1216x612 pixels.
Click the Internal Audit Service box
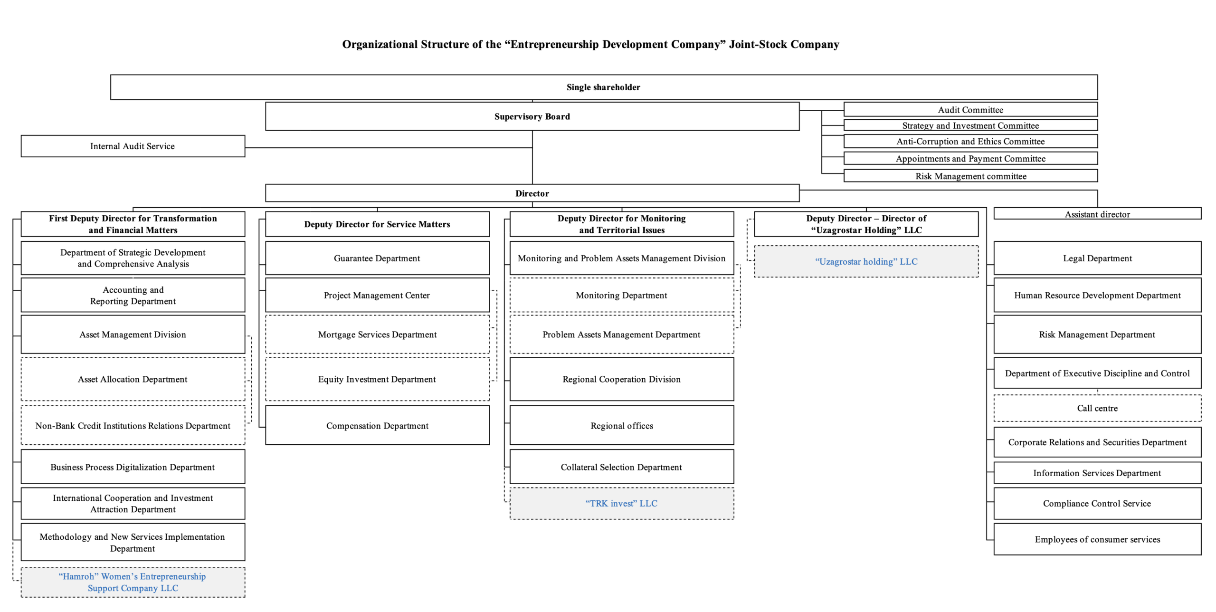coord(133,146)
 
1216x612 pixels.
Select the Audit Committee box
coord(970,109)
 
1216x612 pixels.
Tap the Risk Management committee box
coord(970,176)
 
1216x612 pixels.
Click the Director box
coord(532,193)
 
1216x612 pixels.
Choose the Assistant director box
coord(1097,213)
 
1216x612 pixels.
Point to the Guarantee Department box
coord(377,258)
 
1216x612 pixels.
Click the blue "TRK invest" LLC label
coord(621,503)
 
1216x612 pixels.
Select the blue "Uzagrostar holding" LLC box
coord(866,261)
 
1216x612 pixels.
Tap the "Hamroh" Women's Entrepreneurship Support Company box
coord(133,582)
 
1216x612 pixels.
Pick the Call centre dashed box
coord(1097,408)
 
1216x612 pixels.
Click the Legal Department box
coord(1097,258)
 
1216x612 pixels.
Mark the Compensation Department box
coord(377,425)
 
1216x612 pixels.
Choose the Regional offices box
coord(622,425)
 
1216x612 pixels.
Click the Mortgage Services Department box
coord(377,334)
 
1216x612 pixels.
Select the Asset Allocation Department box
coord(133,379)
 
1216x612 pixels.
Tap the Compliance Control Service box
coord(1097,503)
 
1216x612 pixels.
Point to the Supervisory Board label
coord(532,116)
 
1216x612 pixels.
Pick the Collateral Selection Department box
coord(622,467)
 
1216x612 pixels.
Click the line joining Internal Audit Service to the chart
coord(389,148)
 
